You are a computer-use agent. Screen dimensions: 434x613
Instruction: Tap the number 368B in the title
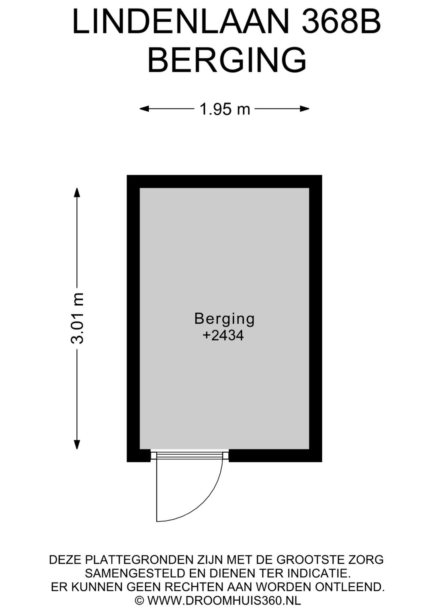point(341,22)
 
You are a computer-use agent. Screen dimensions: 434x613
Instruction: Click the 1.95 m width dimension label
point(225,109)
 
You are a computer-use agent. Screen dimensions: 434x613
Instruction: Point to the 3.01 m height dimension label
point(77,318)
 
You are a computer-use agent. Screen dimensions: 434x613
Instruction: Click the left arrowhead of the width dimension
point(144,109)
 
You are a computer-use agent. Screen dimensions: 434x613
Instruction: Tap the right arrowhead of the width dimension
point(305,109)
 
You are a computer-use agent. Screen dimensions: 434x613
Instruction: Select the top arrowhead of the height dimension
point(77,192)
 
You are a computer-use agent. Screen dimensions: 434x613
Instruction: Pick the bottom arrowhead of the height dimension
point(77,444)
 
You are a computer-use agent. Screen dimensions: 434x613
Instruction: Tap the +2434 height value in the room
point(223,336)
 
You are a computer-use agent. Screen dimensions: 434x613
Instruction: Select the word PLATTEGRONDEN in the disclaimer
point(138,552)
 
